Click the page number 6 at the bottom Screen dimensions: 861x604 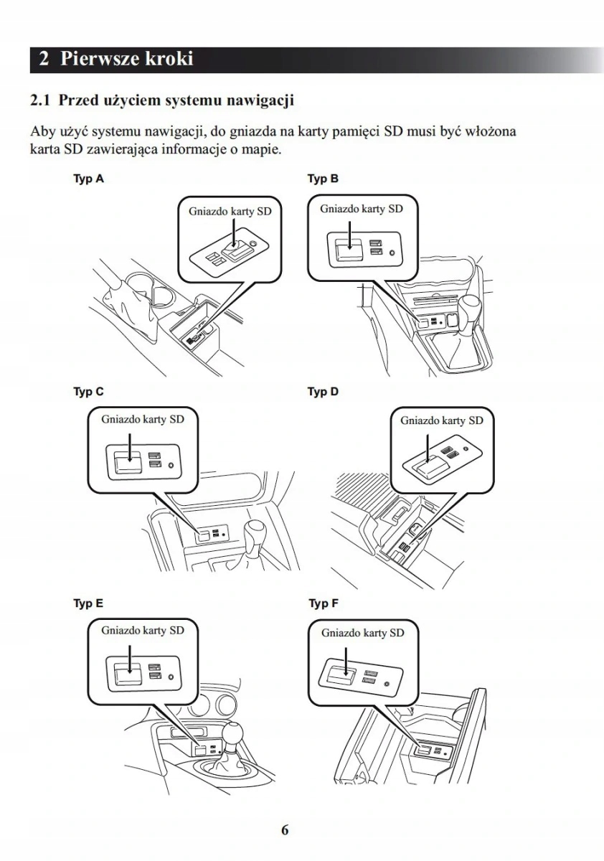[x=285, y=830]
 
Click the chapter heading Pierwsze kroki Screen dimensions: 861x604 [x=126, y=59]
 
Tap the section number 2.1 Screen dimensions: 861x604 [x=40, y=100]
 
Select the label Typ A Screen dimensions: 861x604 [x=88, y=179]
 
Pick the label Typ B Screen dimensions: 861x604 [x=323, y=179]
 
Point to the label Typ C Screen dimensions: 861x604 [x=88, y=392]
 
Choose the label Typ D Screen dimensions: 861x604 [x=323, y=392]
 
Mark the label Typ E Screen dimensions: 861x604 [x=88, y=603]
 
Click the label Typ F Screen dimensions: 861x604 [x=323, y=603]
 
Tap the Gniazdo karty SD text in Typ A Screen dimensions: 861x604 [x=225, y=212]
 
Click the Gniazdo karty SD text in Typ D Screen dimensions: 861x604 [x=441, y=420]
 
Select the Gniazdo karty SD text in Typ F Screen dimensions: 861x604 [x=363, y=633]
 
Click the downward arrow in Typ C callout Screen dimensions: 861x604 [x=128, y=448]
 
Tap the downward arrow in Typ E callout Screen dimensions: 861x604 [x=128, y=658]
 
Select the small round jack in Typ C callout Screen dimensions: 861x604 [x=171, y=465]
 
